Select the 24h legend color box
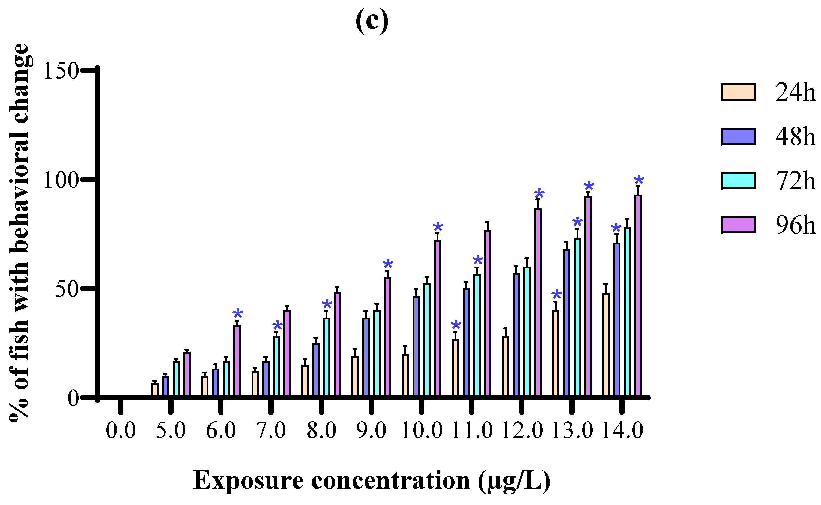coord(738,92)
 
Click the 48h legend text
coord(795,137)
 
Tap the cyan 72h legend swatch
coord(738,181)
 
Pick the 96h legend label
coord(795,225)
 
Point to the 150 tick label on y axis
coord(61,71)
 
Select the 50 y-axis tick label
coord(67,289)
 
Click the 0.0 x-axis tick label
coord(121,431)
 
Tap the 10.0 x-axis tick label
coord(421,431)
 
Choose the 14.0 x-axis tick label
coord(622,431)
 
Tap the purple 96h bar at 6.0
coord(237,361)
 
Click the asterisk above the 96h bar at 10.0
coord(438,228)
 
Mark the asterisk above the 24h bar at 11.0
coord(456,326)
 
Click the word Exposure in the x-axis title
coord(249,481)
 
